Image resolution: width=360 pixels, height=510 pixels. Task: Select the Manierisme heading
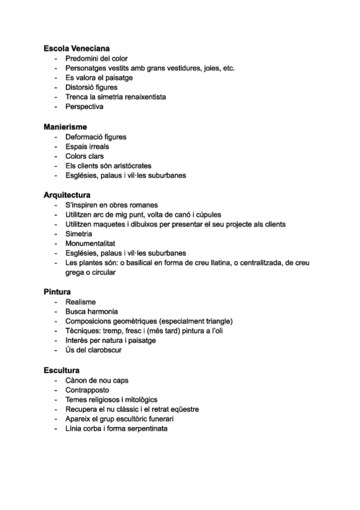coord(66,127)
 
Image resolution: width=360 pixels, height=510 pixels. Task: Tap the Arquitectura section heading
coord(67,195)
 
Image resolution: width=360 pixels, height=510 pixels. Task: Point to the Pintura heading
coord(57,292)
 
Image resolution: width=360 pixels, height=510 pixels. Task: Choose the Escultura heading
coord(62,370)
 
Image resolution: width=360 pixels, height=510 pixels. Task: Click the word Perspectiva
coord(84,106)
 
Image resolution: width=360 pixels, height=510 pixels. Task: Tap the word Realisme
coord(81,301)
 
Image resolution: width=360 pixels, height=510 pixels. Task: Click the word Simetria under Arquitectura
coord(79,233)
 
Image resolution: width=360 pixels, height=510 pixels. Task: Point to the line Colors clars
coord(85,156)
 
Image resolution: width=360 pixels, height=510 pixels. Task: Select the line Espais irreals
coord(87,146)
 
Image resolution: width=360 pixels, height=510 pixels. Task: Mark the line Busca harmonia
coord(91,311)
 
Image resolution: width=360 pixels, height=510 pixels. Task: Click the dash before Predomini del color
coord(56,58)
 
